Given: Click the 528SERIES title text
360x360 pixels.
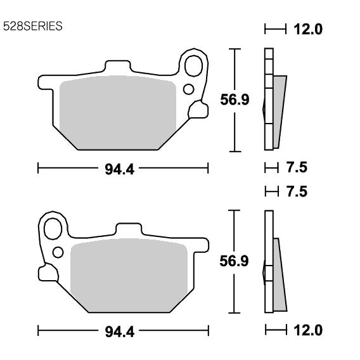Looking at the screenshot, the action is tap(32, 26).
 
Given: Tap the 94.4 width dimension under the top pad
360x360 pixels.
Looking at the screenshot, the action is tap(119, 170).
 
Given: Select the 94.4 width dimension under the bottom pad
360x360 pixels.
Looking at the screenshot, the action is tap(119, 332).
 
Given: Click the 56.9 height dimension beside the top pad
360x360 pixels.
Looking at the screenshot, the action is tap(235, 100).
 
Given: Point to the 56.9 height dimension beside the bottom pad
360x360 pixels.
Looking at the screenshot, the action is tap(234, 261).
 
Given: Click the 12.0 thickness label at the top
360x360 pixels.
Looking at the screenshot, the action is tap(308, 29).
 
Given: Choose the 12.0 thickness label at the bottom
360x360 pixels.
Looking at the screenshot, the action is tap(308, 330).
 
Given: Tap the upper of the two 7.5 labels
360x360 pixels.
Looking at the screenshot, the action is tap(297, 167).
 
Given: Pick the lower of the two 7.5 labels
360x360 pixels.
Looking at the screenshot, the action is tap(297, 191).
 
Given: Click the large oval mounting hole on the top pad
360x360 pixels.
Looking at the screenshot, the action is tap(193, 66).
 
